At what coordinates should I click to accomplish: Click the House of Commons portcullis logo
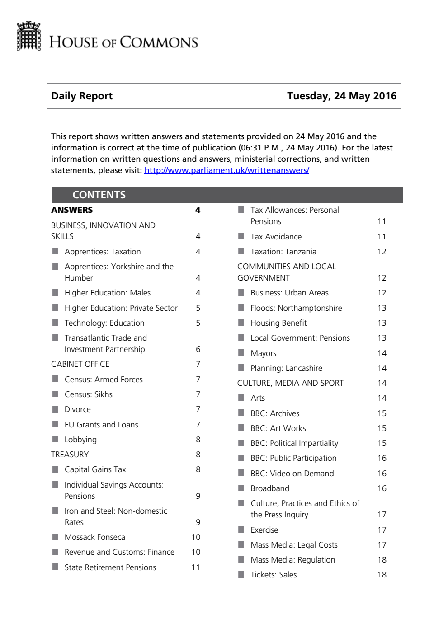click(x=28, y=36)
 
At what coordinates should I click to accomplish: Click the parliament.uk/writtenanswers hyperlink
click(x=226, y=170)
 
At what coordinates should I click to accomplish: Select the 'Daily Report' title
click(x=82, y=96)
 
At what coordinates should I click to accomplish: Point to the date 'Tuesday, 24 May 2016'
click(x=341, y=96)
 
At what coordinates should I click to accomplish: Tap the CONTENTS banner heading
click(x=99, y=195)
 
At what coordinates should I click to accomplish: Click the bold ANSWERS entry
click(x=72, y=210)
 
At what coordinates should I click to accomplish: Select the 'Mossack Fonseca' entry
click(x=94, y=537)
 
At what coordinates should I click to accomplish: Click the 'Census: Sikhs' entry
click(x=88, y=394)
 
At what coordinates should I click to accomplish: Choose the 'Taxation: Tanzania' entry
click(x=283, y=252)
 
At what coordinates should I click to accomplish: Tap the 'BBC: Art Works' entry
click(x=278, y=428)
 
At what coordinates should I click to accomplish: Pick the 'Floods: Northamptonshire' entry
click(x=296, y=308)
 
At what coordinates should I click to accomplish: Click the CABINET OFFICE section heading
click(x=80, y=364)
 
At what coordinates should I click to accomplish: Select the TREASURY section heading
click(x=70, y=455)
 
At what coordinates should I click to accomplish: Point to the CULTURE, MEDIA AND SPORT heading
click(x=290, y=383)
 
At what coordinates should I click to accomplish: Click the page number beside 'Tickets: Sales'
click(x=382, y=575)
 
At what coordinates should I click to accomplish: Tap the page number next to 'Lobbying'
click(x=198, y=440)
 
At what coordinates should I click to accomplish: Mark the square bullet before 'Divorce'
click(x=55, y=409)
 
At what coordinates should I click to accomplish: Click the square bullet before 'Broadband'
click(x=241, y=488)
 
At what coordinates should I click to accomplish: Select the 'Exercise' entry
click(x=264, y=530)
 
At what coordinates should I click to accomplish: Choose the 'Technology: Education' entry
click(x=104, y=323)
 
